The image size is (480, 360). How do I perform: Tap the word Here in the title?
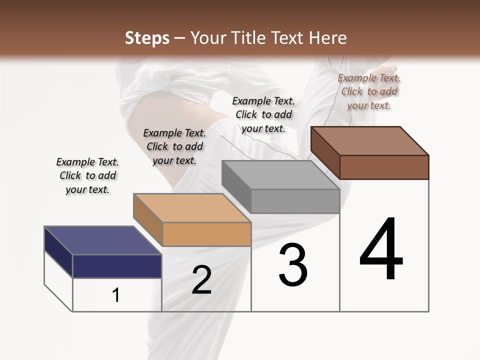click(328, 38)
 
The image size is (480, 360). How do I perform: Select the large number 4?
click(381, 250)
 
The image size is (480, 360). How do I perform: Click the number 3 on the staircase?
click(293, 265)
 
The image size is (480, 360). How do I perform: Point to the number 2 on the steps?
click(201, 280)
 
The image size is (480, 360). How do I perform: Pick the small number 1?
click(116, 295)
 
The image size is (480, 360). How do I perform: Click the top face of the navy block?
click(102, 240)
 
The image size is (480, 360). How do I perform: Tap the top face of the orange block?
click(192, 207)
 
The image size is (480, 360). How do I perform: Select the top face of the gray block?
click(280, 174)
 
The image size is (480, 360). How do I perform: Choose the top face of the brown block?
click(370, 140)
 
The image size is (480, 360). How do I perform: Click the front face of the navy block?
click(117, 266)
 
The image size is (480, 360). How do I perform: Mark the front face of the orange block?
click(206, 234)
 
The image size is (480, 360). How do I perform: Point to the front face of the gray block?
click(295, 201)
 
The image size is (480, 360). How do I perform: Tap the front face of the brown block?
click(384, 167)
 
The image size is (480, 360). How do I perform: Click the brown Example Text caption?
click(369, 91)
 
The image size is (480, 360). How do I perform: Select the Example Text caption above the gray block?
click(263, 114)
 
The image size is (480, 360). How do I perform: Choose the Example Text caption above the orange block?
click(174, 146)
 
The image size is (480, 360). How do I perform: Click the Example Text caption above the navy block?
click(87, 175)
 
